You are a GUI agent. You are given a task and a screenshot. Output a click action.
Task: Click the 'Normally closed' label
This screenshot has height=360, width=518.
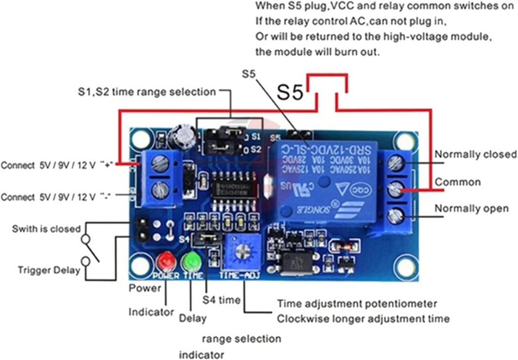(476, 154)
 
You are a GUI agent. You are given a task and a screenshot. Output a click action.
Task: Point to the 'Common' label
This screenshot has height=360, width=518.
(458, 182)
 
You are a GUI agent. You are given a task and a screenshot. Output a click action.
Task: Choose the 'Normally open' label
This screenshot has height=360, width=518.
(471, 209)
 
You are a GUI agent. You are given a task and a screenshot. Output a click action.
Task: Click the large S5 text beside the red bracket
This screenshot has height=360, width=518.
(290, 92)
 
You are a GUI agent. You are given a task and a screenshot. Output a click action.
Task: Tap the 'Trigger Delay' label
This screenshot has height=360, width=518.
(49, 270)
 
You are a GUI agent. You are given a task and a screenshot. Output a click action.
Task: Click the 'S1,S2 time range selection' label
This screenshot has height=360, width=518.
(146, 92)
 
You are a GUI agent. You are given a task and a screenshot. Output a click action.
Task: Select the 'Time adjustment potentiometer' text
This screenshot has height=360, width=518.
(357, 304)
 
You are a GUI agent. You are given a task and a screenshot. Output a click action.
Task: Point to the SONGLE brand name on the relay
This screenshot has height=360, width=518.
(310, 209)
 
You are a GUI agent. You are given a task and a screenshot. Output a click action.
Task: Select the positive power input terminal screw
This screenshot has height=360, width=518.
(160, 163)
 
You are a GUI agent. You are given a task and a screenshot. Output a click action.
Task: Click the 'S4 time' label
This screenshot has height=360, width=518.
(221, 300)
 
